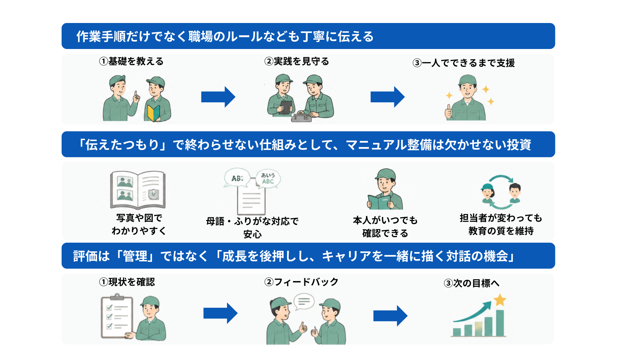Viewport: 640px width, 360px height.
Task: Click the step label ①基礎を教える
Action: (131, 61)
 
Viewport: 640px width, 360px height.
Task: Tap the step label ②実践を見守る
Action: (297, 61)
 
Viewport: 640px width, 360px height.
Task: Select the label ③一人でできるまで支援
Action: (464, 63)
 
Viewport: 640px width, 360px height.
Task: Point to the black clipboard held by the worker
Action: (286, 107)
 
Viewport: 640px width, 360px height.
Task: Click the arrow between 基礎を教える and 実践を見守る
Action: (218, 97)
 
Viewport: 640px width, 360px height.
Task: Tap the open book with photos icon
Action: (138, 190)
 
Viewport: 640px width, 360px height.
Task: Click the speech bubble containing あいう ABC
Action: (268, 178)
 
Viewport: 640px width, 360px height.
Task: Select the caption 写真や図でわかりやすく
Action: (139, 224)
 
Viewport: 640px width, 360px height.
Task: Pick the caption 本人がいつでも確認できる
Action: (385, 227)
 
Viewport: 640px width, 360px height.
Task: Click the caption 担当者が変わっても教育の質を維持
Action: (501, 224)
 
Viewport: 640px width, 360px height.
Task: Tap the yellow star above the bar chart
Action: (500, 300)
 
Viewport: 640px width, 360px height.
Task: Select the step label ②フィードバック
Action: (301, 282)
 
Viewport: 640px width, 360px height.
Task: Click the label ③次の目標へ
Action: (471, 283)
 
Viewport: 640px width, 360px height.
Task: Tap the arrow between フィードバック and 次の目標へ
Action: (390, 316)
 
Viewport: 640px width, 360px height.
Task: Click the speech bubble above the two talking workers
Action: (304, 301)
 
